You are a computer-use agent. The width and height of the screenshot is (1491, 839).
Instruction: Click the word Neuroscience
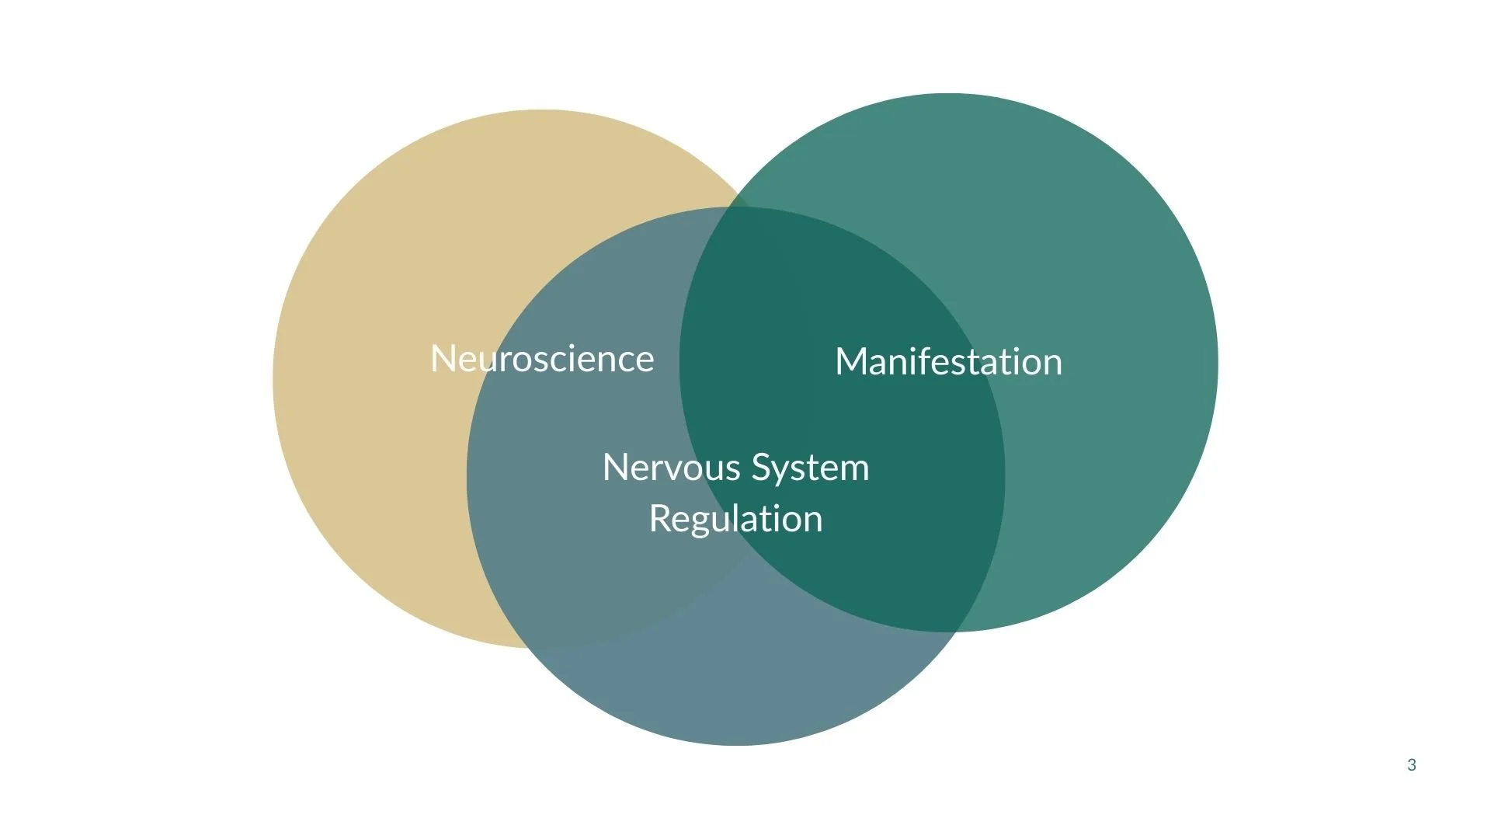point(542,359)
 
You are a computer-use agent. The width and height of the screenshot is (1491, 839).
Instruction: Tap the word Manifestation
point(948,362)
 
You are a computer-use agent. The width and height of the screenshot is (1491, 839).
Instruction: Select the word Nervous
point(671,468)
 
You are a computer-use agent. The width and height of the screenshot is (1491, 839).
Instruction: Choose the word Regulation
point(735,519)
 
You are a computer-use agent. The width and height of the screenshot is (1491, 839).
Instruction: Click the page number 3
point(1411,765)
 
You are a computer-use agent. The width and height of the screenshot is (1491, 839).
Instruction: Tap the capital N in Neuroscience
point(443,359)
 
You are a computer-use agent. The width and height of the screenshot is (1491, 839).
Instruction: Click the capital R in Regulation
point(659,519)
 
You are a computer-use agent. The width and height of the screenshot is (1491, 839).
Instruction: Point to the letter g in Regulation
point(696,522)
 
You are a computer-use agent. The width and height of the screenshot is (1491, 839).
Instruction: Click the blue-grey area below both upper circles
point(738,684)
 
